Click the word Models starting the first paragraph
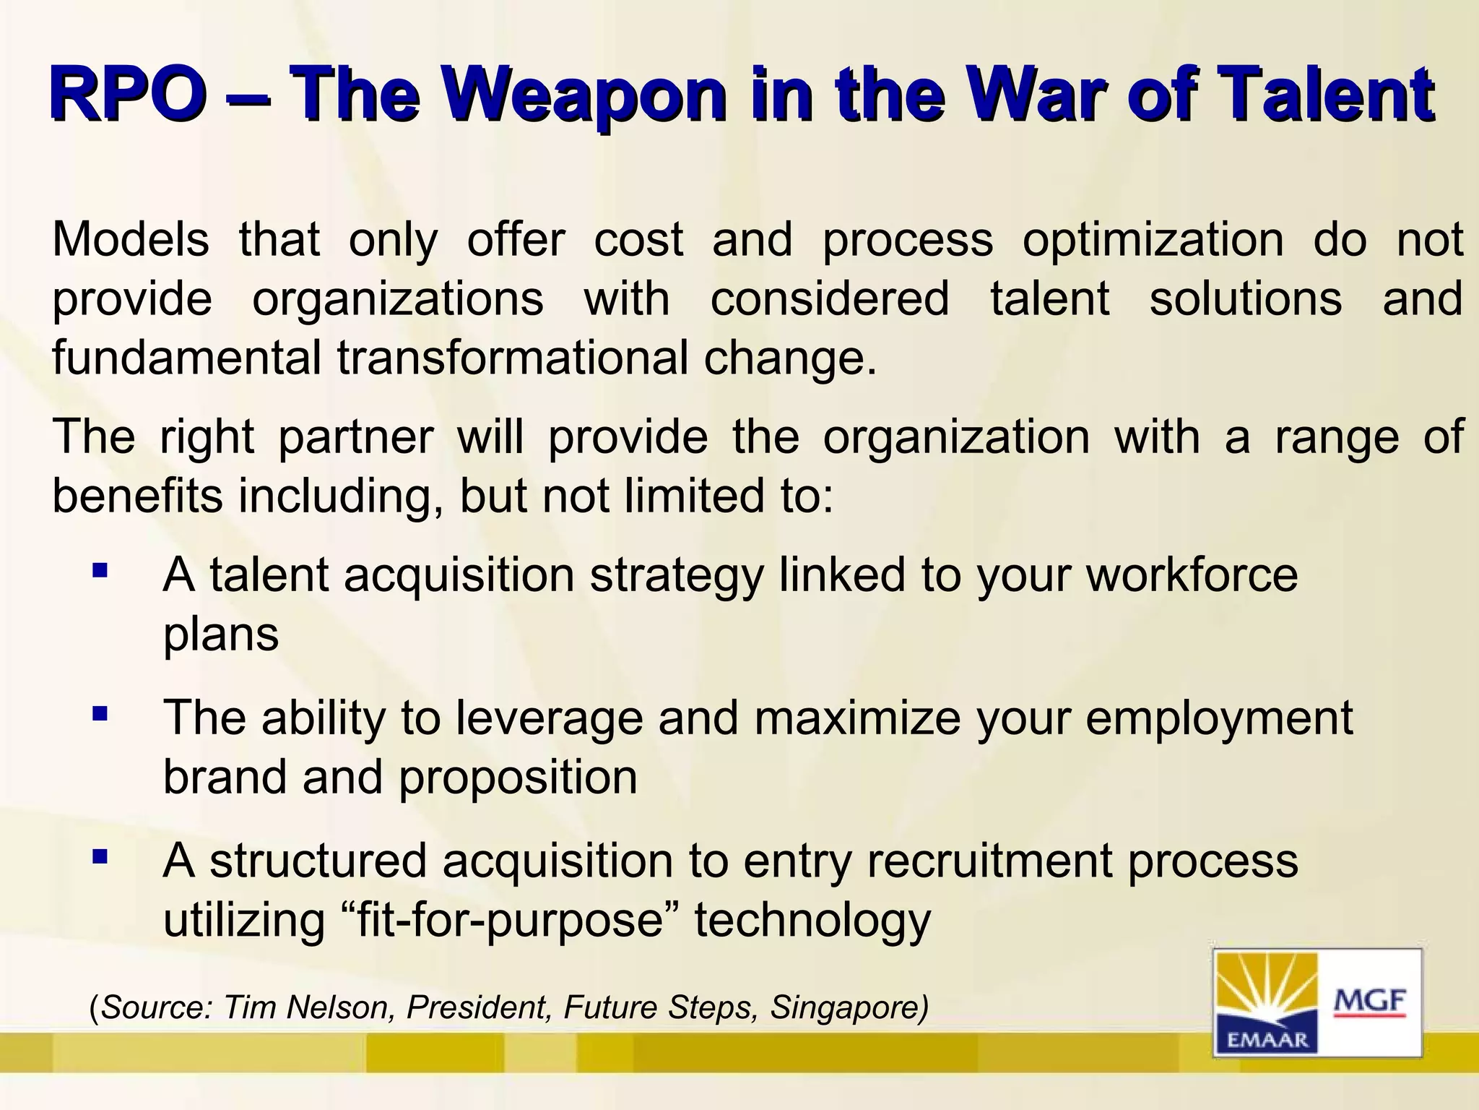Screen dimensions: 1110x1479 [131, 240]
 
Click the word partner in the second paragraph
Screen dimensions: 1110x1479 [355, 439]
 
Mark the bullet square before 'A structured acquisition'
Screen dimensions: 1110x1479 [100, 858]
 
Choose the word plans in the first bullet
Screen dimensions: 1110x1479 [221, 636]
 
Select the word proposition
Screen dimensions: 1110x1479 [518, 778]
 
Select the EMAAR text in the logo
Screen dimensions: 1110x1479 [1268, 1040]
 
